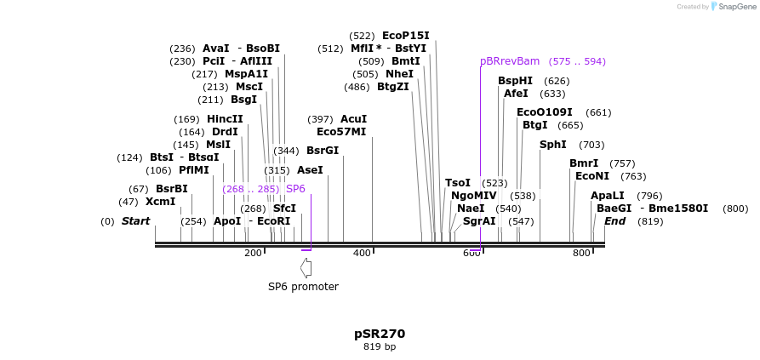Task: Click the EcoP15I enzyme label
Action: point(405,36)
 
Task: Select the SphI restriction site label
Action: point(552,145)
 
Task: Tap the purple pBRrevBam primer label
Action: point(510,61)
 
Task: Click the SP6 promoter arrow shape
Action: point(306,268)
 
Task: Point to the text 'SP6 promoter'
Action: point(303,287)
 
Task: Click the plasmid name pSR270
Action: point(380,334)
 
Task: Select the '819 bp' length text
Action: point(380,347)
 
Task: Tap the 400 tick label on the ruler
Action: point(363,254)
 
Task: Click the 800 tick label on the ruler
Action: point(581,254)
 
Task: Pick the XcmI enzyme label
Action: point(160,202)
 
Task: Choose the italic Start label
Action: point(135,221)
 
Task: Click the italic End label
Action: point(614,221)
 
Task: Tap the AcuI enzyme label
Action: point(353,119)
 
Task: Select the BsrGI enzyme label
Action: point(323,151)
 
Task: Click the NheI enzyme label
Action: point(399,74)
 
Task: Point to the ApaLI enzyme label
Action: point(607,196)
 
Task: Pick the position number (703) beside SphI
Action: point(591,145)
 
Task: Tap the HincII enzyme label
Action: point(225,119)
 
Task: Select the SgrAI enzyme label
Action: point(478,221)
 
